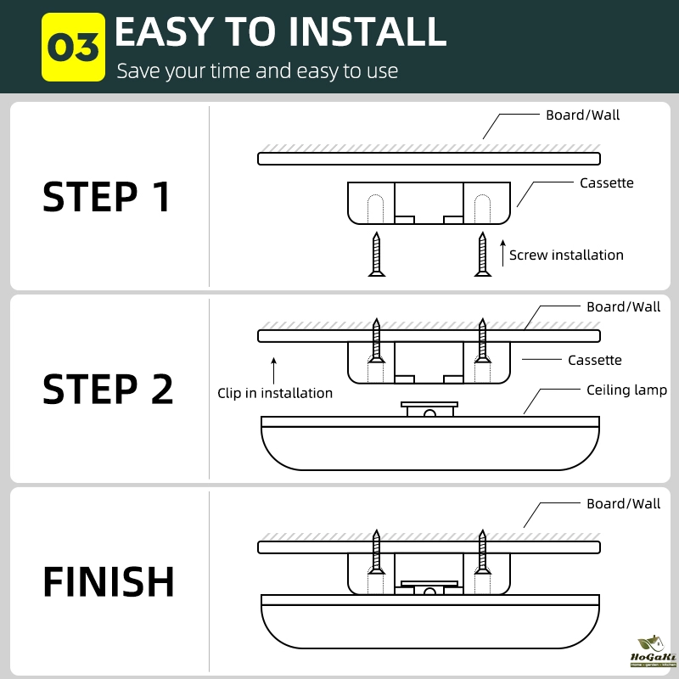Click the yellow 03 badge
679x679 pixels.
(x=73, y=47)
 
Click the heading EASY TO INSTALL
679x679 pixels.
(x=280, y=32)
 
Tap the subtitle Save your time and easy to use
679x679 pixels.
(x=257, y=70)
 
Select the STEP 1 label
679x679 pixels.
(x=107, y=197)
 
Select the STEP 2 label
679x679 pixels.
(x=108, y=389)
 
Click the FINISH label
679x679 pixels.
(x=109, y=582)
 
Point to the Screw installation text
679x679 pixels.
(x=566, y=255)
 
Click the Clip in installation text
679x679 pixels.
(x=275, y=393)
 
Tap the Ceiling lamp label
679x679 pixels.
(x=626, y=390)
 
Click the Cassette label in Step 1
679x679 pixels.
(x=606, y=182)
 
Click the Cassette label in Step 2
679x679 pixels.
(x=594, y=360)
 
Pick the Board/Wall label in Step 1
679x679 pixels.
(x=582, y=115)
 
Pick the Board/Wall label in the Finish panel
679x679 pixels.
(x=623, y=503)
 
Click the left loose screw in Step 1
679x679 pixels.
(x=376, y=255)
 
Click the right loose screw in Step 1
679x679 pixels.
(x=482, y=255)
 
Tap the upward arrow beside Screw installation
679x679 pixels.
(x=502, y=252)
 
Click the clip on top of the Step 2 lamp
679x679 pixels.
(x=429, y=409)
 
